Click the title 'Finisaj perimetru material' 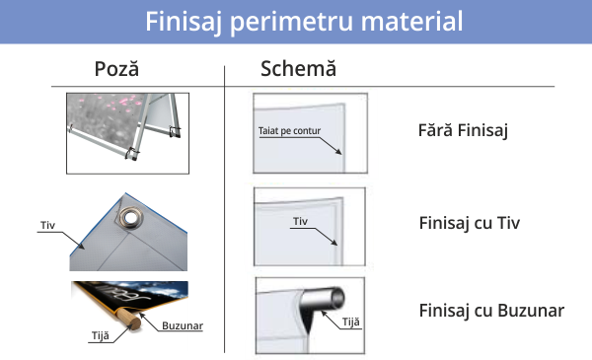304,22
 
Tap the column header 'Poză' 116,69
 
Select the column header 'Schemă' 298,69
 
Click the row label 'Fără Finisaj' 463,130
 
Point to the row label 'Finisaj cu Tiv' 470,223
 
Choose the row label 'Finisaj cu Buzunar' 491,311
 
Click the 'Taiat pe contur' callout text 289,131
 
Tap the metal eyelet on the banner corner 130,218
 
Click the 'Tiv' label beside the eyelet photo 48,225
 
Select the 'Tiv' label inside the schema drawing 301,221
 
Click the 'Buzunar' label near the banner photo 183,325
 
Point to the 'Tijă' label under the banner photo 101,336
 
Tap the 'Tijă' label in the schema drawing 350,322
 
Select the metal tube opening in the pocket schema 336,298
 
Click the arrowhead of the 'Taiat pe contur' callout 338,152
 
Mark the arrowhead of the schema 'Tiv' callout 334,243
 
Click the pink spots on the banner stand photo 119,103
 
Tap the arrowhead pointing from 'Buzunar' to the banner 142,315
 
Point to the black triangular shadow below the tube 309,318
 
